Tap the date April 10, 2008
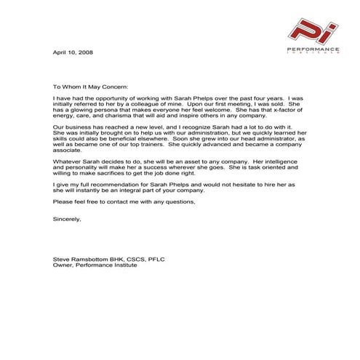pyautogui.click(x=73, y=53)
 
